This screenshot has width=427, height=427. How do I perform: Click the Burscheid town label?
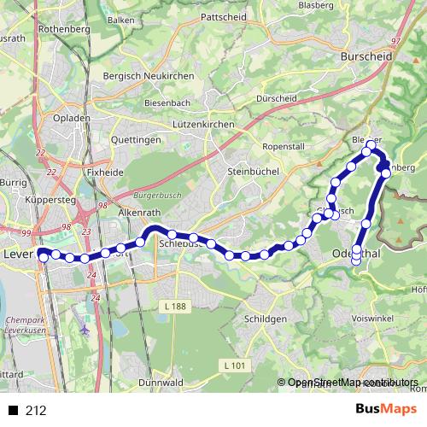tap(365, 56)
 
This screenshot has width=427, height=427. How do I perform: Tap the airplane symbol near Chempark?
tap(85, 329)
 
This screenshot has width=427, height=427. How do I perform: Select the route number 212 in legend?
tap(36, 411)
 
